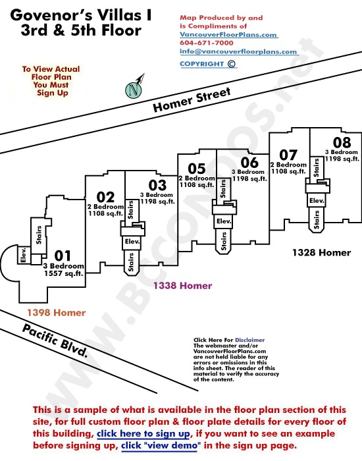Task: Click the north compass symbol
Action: click(x=134, y=89)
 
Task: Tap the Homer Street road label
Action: click(x=192, y=100)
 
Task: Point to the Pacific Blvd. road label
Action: click(x=55, y=341)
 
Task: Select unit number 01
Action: click(x=63, y=256)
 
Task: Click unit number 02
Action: click(x=105, y=197)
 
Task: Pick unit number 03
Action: click(x=157, y=185)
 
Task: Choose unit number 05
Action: click(x=197, y=169)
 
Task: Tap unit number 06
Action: click(x=249, y=162)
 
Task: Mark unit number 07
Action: click(x=288, y=155)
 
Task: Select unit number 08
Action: click(x=342, y=143)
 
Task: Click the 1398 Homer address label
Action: click(x=57, y=313)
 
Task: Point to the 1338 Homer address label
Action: click(x=182, y=285)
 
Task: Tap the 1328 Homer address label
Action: click(x=322, y=252)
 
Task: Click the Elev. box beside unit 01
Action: click(x=24, y=255)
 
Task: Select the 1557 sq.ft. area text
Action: click(x=64, y=273)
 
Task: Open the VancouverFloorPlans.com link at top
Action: click(x=228, y=35)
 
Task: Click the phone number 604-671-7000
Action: click(x=207, y=43)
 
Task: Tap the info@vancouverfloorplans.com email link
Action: click(x=238, y=52)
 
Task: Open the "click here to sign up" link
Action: click(x=143, y=433)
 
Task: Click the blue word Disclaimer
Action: click(x=249, y=340)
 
